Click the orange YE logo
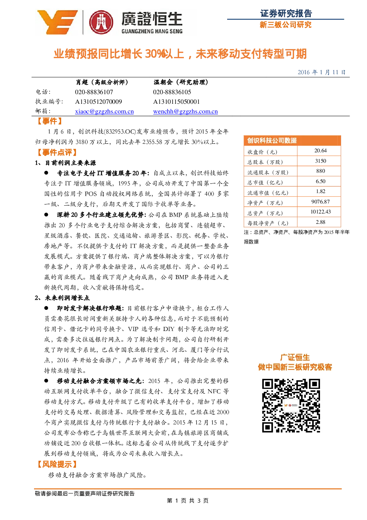[57, 22]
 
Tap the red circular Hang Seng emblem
[101, 23]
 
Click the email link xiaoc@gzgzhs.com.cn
[104, 112]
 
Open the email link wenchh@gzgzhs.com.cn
[185, 112]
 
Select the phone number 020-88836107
[94, 92]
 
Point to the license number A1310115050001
[176, 102]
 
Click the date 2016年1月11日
[321, 72]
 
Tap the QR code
[291, 405]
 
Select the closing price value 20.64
[320, 150]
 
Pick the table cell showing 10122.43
[320, 212]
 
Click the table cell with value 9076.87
[320, 202]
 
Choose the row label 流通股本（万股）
[268, 172]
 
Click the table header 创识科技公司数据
[272, 140]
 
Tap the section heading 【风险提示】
[57, 464]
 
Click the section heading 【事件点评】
[57, 153]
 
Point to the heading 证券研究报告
[286, 13]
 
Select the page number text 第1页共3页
[188, 501]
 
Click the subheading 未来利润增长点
[67, 298]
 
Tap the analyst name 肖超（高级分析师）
[102, 82]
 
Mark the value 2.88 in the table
[320, 222]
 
